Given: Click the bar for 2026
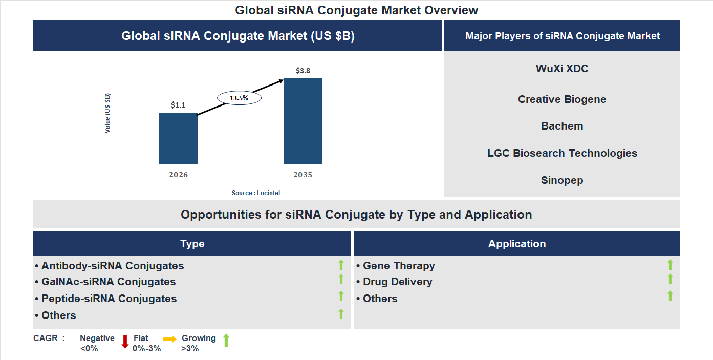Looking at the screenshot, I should pos(178,138).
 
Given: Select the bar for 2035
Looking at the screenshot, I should pos(303,121).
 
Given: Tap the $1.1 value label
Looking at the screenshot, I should pos(178,105).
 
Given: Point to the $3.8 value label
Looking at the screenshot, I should pos(303,71).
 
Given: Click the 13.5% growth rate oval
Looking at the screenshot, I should pos(239,97).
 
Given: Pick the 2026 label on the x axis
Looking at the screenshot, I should pos(178,175).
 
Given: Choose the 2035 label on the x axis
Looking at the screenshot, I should pos(303,175).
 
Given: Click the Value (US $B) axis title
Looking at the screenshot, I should pos(107,113).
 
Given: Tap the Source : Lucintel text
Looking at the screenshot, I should pos(256,193).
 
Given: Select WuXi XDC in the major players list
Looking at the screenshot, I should pos(562,69).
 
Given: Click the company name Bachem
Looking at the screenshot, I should pos(562,126).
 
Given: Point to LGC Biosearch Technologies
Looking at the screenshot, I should pos(562,153).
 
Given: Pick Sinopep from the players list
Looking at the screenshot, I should pos(562,180).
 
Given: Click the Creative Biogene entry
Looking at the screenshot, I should pos(562,99).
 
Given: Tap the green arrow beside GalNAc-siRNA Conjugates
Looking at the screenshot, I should pos(341,280).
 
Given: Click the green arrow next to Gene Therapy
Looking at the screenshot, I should pos(670,265).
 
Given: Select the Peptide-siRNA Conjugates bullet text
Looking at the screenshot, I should pos(109,299).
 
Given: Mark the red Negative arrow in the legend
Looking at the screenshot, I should pos(125,342).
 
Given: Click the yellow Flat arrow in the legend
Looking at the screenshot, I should pos(169,339).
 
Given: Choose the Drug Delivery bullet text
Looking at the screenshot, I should pos(397,282).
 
